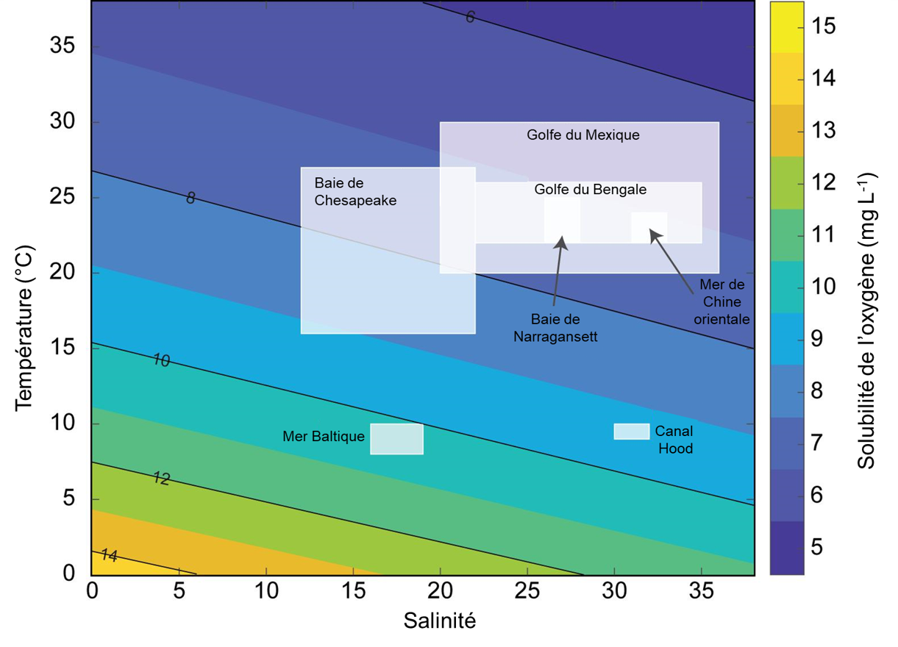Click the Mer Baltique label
(x=324, y=437)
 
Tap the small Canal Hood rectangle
(x=632, y=432)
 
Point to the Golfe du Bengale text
(x=591, y=190)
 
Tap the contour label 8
(x=190, y=198)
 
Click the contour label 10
(x=161, y=360)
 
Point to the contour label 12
(x=161, y=479)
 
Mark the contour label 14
(x=108, y=555)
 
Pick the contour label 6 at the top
(x=471, y=17)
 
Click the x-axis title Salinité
(x=440, y=621)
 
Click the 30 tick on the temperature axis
(x=65, y=122)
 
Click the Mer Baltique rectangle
(x=396, y=439)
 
